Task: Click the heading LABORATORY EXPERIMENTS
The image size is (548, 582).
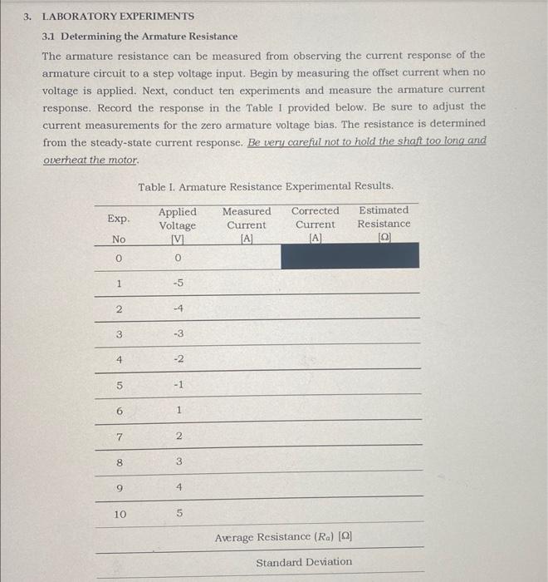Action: tap(118, 17)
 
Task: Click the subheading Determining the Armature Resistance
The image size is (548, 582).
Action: tap(140, 37)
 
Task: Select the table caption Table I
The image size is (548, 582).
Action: tap(265, 187)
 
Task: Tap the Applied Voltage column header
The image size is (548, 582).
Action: tap(177, 225)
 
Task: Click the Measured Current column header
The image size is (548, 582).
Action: tap(247, 224)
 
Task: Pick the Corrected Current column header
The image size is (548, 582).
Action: tap(315, 224)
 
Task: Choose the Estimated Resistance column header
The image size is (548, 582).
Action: tap(384, 224)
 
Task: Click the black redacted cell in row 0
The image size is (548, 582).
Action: tap(350, 256)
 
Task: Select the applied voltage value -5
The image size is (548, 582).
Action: tap(177, 283)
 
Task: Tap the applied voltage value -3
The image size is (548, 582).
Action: tap(177, 334)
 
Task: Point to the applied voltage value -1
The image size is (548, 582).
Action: tap(177, 385)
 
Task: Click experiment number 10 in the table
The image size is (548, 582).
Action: tap(120, 515)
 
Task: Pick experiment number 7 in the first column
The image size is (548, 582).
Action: tap(120, 437)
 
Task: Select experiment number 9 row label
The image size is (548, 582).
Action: tap(120, 489)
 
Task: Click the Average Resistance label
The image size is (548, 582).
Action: tap(283, 538)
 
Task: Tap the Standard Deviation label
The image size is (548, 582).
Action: tap(304, 563)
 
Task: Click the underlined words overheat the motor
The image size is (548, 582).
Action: tap(91, 159)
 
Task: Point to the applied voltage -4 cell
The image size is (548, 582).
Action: tap(177, 308)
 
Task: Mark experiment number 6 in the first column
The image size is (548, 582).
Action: tap(120, 412)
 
